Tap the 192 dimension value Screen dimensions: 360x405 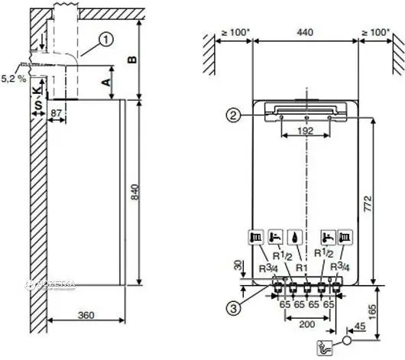[x=306, y=131]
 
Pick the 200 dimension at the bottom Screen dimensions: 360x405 [x=306, y=325]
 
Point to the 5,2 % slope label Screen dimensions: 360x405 [x=13, y=78]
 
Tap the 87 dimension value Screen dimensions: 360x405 [x=57, y=112]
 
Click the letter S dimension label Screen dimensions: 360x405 [x=34, y=101]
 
